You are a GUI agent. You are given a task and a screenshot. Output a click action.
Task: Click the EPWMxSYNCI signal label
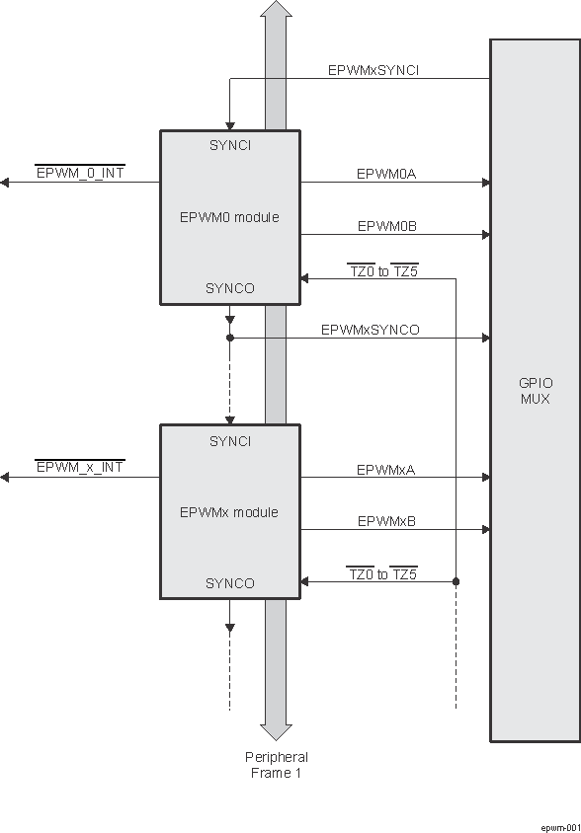(373, 71)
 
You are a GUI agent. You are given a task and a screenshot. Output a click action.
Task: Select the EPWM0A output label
(386, 174)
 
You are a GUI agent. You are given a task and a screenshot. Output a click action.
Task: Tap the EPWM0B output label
(386, 226)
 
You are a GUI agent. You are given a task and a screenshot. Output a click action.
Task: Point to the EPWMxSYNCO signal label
(370, 330)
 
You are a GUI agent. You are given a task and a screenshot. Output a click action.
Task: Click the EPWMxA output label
(386, 470)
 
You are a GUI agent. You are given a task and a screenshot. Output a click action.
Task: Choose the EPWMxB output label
(386, 521)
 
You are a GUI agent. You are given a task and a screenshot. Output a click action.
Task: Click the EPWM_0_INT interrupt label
(80, 173)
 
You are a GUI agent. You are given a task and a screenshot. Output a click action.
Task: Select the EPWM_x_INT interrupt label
(80, 467)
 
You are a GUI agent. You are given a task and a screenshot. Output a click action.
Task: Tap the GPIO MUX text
(535, 392)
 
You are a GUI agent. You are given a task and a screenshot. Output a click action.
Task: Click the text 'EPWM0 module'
(229, 217)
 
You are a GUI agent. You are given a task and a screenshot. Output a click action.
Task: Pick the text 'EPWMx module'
(229, 512)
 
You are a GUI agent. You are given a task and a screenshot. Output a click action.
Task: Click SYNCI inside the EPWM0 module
(230, 145)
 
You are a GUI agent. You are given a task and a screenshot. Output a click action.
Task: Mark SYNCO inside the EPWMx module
(230, 583)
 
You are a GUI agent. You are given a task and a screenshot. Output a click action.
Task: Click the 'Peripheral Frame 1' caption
(276, 765)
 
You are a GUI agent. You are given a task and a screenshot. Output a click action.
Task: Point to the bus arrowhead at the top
(276, 10)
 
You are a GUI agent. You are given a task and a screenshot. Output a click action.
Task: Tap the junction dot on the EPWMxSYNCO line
(230, 338)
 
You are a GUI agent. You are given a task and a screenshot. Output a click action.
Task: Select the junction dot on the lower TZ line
(456, 581)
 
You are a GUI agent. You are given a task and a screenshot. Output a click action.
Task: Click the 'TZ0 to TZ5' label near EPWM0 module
(382, 270)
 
